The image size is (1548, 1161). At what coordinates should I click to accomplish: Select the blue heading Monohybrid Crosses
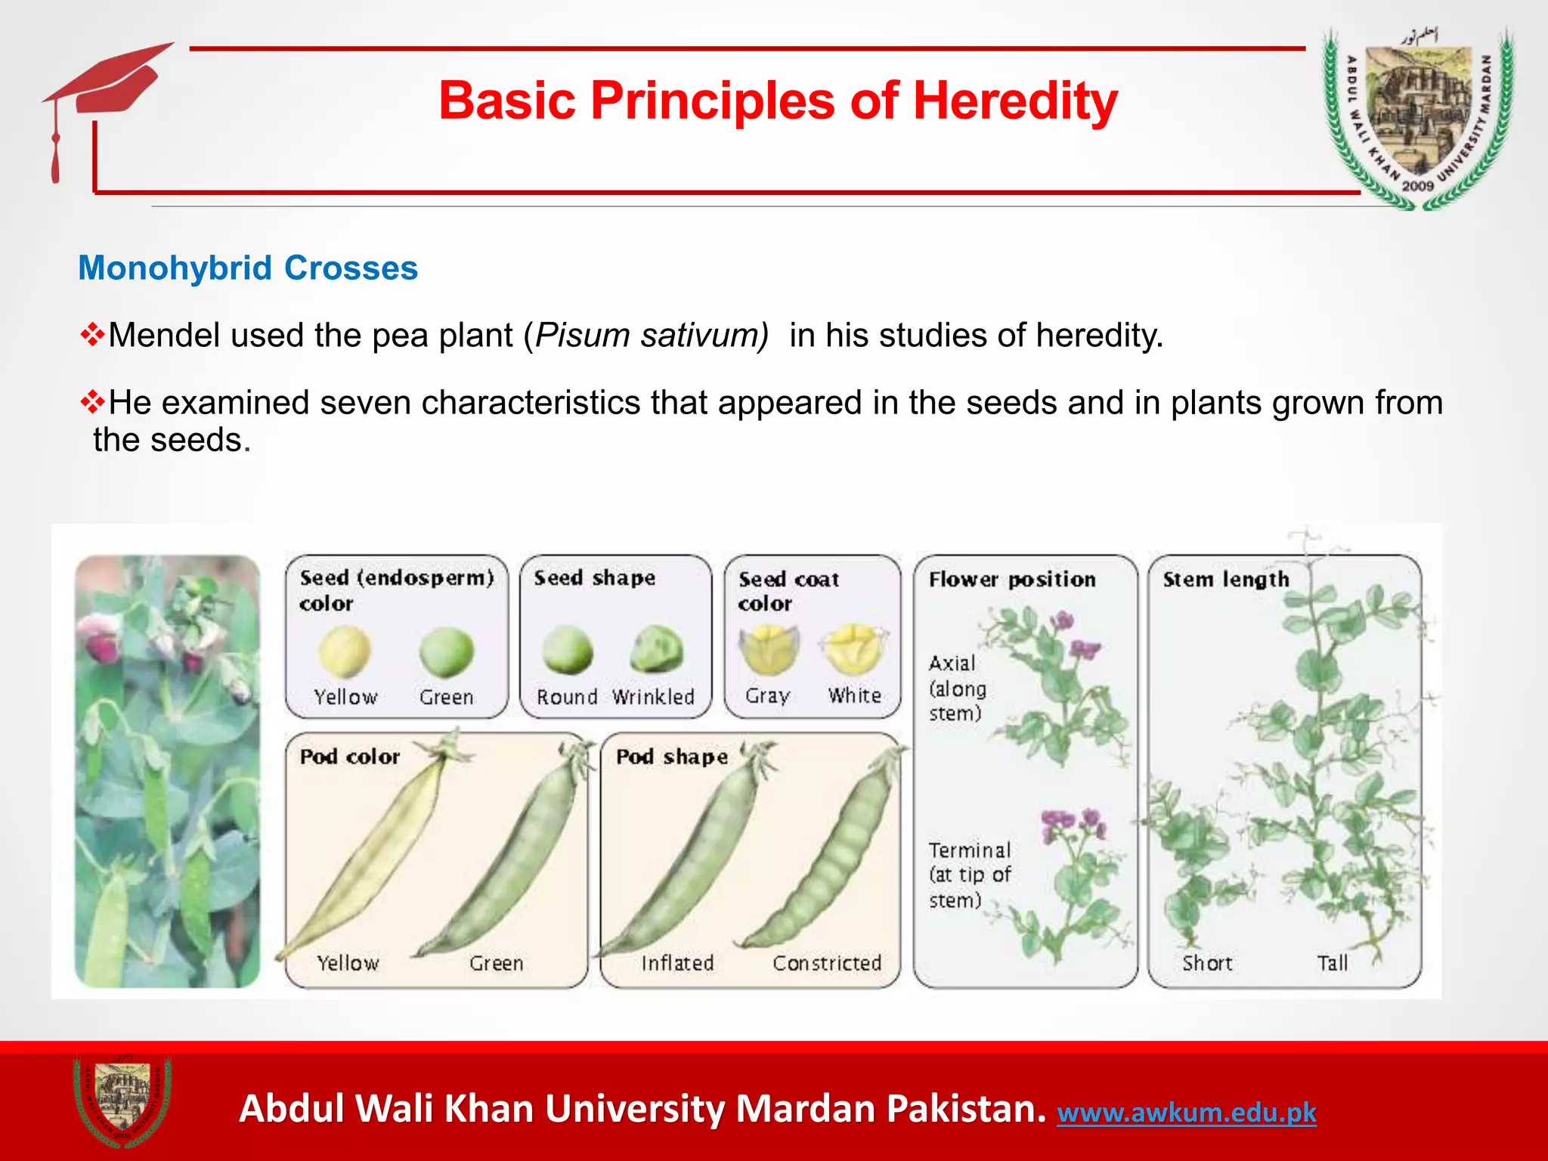[248, 268]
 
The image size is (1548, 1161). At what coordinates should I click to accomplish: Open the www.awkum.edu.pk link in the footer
[1186, 1113]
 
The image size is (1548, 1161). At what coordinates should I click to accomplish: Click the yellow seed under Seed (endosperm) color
[345, 652]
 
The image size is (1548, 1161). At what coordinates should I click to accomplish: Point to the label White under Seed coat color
[854, 695]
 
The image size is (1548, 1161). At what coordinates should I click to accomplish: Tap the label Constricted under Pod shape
[827, 963]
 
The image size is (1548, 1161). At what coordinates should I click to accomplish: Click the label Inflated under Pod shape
[677, 963]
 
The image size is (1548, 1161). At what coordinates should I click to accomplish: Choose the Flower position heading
[1011, 580]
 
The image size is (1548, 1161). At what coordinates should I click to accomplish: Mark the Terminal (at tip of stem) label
[969, 875]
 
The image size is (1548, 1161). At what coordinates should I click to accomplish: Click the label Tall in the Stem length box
[1332, 963]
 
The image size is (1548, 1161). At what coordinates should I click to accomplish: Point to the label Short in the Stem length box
[1207, 963]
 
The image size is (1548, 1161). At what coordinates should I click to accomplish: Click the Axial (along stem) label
[957, 689]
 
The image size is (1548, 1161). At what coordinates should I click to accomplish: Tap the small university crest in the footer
[122, 1101]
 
